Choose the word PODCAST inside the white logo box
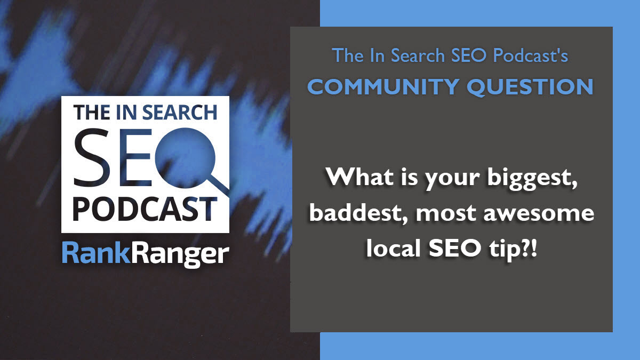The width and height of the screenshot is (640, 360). [145, 209]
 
